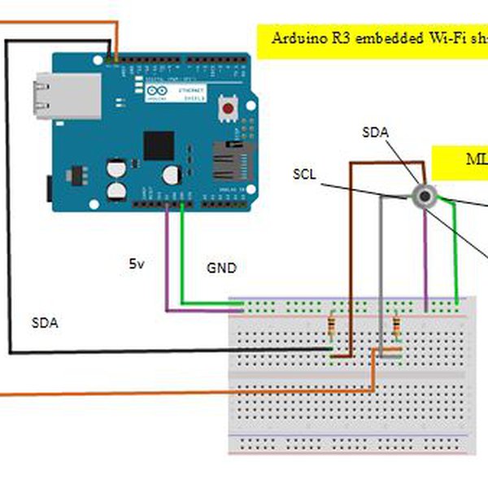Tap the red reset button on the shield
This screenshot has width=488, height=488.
pos(231,107)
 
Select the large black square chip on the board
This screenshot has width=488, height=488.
pos(159,146)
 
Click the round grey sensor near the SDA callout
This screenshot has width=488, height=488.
pos(424,195)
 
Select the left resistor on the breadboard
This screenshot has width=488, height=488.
pos(331,327)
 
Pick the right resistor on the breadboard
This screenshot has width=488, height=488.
pos(396,327)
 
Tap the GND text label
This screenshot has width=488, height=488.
pos(221,267)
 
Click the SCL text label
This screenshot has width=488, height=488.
pos(304,174)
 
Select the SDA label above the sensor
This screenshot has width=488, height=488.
pos(375,132)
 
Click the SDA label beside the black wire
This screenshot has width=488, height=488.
pos(45,322)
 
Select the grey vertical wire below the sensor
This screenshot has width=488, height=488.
pos(380,268)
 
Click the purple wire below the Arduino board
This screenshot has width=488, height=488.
pos(167,260)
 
